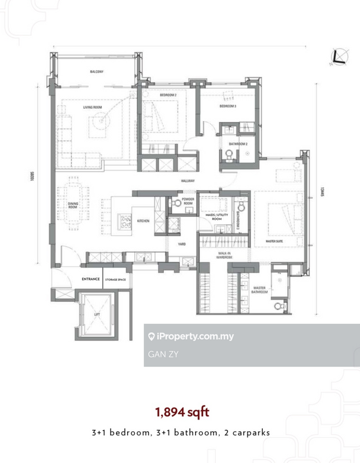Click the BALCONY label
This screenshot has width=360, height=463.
(x=97, y=72)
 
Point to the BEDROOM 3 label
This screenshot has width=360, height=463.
(x=227, y=106)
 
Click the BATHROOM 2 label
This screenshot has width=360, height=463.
(x=238, y=144)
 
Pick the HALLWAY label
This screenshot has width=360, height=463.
(x=187, y=181)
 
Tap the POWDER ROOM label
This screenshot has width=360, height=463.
(x=188, y=201)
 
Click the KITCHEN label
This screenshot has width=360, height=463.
(x=144, y=221)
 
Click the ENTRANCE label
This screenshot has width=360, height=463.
(x=91, y=279)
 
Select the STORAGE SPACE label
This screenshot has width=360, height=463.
(x=115, y=279)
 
